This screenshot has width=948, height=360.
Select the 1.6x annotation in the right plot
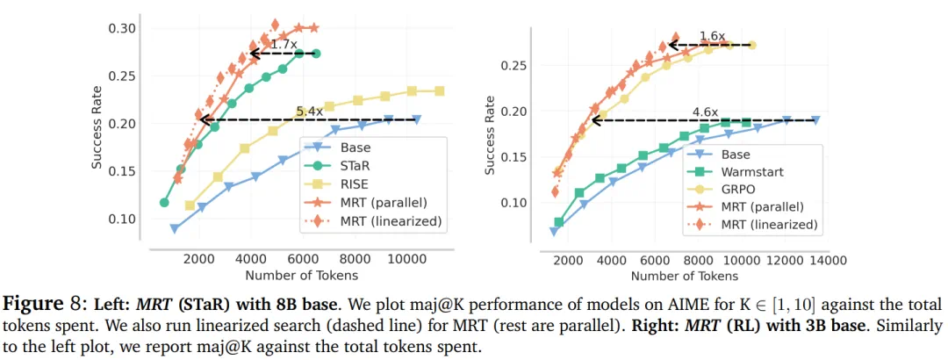click(x=712, y=36)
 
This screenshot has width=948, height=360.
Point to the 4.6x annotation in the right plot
click(x=704, y=112)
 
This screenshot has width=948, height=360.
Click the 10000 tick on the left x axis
click(x=406, y=260)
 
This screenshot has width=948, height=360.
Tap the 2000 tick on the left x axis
click(x=200, y=260)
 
